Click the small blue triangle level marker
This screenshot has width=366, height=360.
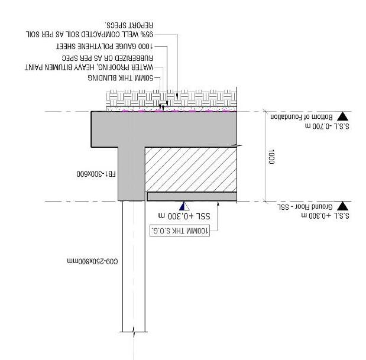tap(184, 206)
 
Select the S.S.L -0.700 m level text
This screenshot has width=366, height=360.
tap(323, 125)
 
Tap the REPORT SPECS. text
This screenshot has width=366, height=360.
tap(129, 25)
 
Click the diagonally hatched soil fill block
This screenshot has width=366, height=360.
tap(191, 168)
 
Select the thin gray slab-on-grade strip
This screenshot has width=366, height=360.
tap(192, 196)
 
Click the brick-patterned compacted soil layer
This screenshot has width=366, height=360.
tap(171, 97)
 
